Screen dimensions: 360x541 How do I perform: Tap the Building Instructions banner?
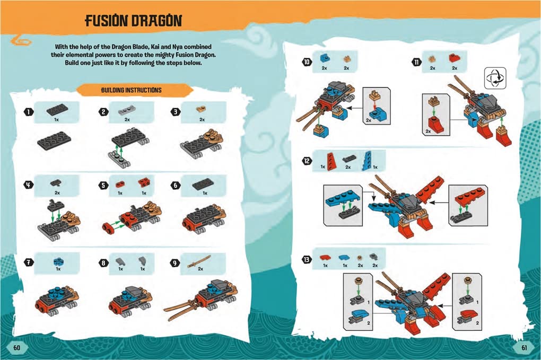pos(131,91)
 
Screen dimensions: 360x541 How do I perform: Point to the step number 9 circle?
pos(175,262)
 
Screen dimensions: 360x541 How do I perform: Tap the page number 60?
pos(16,347)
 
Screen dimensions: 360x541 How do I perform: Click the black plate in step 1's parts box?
pos(56,110)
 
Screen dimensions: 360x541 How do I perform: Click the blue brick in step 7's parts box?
pos(57,261)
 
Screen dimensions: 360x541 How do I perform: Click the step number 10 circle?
pos(307,62)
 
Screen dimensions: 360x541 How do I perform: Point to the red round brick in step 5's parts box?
pos(120,183)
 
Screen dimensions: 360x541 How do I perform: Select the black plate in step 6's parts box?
pos(203,183)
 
